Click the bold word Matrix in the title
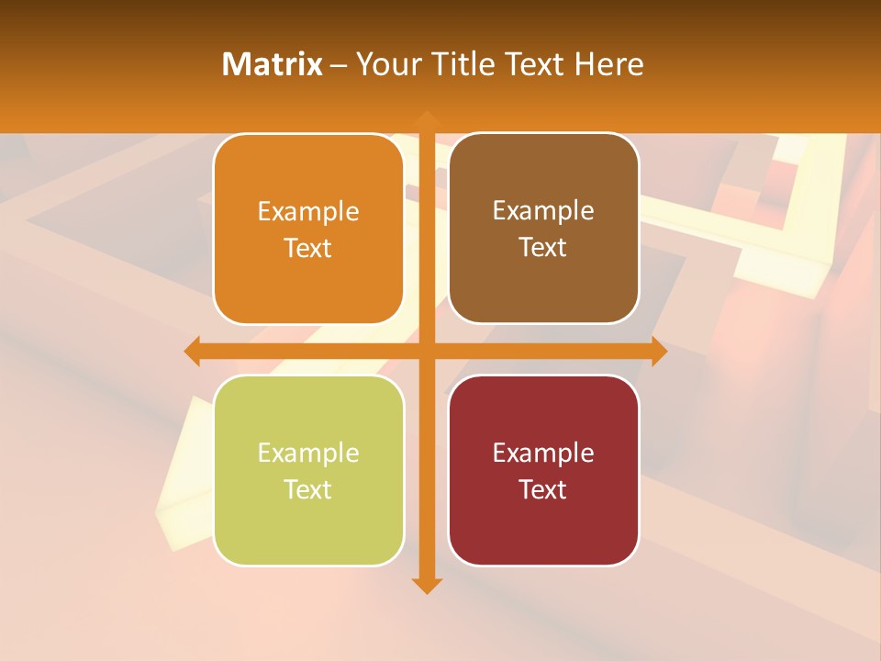(x=273, y=64)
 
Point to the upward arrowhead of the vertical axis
(x=426, y=118)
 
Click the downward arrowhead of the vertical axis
(x=426, y=586)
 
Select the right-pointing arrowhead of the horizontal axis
(x=659, y=351)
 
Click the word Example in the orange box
(x=308, y=212)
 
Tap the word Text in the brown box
(x=543, y=248)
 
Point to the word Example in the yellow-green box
(x=308, y=454)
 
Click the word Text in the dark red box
(x=543, y=489)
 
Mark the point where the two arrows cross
(x=426, y=351)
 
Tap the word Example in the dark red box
(x=543, y=453)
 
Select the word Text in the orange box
(x=308, y=249)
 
